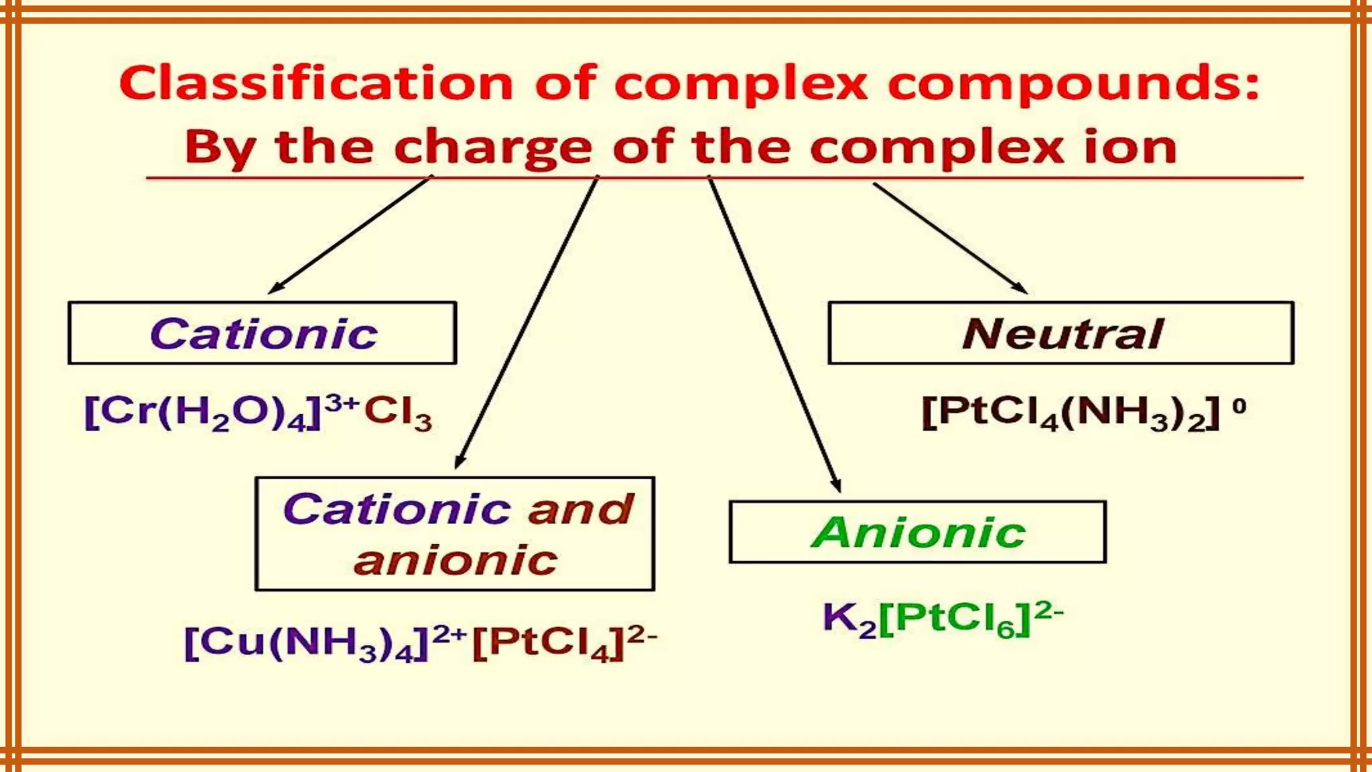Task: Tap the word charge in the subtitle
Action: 493,147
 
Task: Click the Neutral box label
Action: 1062,334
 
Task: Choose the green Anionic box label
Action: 918,533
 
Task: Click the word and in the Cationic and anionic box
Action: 580,509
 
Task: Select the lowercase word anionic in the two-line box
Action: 456,560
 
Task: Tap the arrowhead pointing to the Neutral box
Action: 1021,289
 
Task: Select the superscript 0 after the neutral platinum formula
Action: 1239,406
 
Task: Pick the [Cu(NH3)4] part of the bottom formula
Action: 305,643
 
